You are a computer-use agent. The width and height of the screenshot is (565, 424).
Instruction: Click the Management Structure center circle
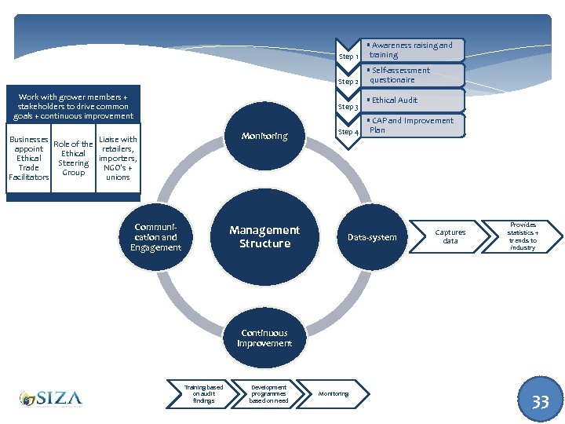point(264,237)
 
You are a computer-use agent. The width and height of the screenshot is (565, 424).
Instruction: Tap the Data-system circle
point(372,237)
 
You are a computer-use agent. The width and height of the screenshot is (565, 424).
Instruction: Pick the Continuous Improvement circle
point(264,338)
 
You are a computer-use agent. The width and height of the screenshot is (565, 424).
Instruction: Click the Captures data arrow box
point(450,236)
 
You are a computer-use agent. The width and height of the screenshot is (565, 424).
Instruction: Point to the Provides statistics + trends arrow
point(522,236)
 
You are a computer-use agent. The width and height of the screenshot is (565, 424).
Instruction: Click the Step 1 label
point(348,57)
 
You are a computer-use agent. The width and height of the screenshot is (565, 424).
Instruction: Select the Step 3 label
point(348,107)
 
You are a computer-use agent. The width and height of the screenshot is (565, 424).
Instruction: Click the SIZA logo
point(51,399)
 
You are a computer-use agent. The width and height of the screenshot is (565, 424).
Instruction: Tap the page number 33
point(541,402)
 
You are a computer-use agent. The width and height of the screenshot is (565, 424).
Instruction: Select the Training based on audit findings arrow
point(204,393)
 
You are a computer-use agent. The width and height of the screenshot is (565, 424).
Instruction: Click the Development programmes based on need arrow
point(268,393)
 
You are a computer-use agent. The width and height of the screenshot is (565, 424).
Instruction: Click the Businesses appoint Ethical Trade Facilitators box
point(29,159)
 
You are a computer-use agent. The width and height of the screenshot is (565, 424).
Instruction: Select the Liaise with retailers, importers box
point(118,159)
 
